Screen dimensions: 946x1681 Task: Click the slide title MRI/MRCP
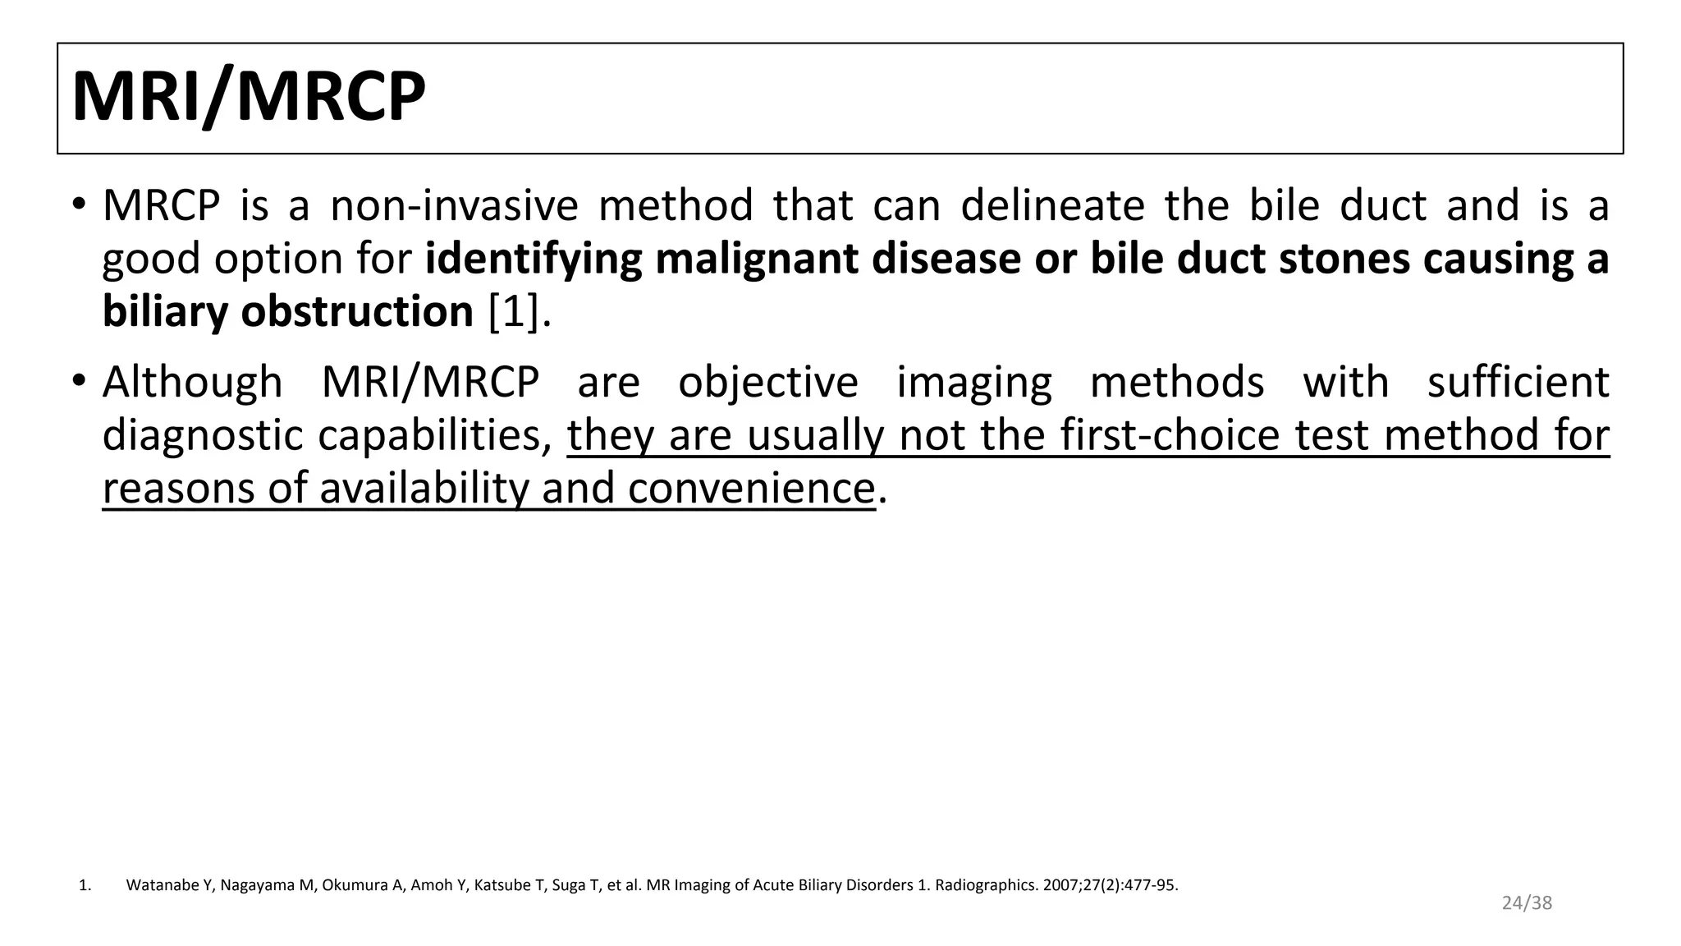(x=249, y=98)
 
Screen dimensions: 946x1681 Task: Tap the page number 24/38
(x=1527, y=903)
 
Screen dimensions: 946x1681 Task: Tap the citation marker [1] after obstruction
(x=514, y=312)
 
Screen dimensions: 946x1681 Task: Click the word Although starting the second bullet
(x=192, y=383)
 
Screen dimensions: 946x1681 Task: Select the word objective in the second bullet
(x=767, y=383)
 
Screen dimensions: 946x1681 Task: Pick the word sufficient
(x=1518, y=383)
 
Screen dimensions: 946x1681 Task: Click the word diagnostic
(x=203, y=436)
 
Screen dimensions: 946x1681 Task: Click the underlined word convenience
(x=751, y=489)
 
